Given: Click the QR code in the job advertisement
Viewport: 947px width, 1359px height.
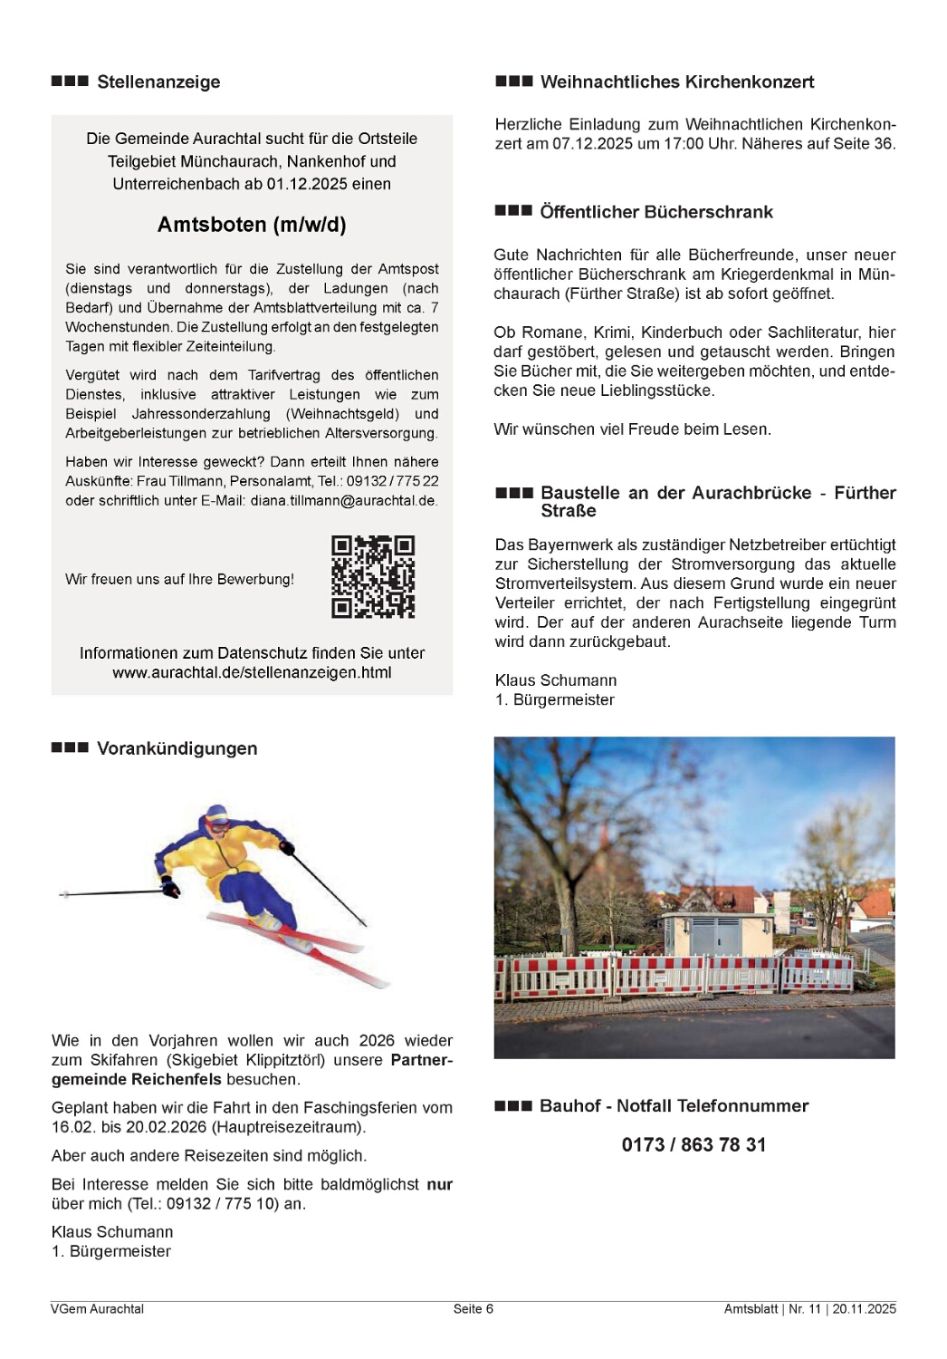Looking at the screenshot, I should pyautogui.click(x=373, y=577).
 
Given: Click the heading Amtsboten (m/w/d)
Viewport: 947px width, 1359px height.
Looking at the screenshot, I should pyautogui.click(x=252, y=225).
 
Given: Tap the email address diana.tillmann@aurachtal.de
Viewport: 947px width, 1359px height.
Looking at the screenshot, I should pyautogui.click(x=343, y=500).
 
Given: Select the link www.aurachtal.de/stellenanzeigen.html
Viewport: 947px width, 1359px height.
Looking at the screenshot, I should pyautogui.click(x=252, y=672).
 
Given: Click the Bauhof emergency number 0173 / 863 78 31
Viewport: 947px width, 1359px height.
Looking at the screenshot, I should pyautogui.click(x=694, y=1144).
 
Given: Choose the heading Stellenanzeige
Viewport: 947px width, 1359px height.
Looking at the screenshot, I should pyautogui.click(x=158, y=82).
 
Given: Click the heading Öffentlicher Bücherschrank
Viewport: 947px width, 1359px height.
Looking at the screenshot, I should pyautogui.click(x=655, y=212).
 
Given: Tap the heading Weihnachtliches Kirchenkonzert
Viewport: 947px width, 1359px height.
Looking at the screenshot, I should pyautogui.click(x=676, y=82).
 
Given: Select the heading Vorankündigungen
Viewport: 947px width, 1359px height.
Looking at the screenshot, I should pyautogui.click(x=177, y=748).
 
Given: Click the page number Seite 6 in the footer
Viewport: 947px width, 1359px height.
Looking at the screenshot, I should pyautogui.click(x=473, y=1308).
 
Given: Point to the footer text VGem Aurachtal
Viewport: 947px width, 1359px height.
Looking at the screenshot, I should pyautogui.click(x=97, y=1308).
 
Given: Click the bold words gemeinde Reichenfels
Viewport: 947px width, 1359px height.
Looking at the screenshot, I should pyautogui.click(x=137, y=1079).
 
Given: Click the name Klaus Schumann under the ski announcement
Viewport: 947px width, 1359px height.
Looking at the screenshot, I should pyautogui.click(x=112, y=1231).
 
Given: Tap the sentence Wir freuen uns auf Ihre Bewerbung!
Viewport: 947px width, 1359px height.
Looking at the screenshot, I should pyautogui.click(x=179, y=579).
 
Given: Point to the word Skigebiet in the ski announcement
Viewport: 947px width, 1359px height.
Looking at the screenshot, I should pyautogui.click(x=206, y=1060).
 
